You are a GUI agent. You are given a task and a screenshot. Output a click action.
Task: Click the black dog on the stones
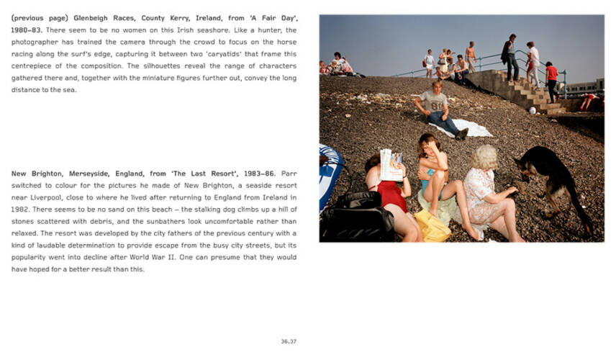click(x=554, y=180)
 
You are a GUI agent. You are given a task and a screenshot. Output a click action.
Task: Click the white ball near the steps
click(x=533, y=110)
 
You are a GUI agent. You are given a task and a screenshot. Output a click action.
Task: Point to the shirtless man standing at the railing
click(x=471, y=56)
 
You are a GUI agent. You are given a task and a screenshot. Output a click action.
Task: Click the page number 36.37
click(x=289, y=341)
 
